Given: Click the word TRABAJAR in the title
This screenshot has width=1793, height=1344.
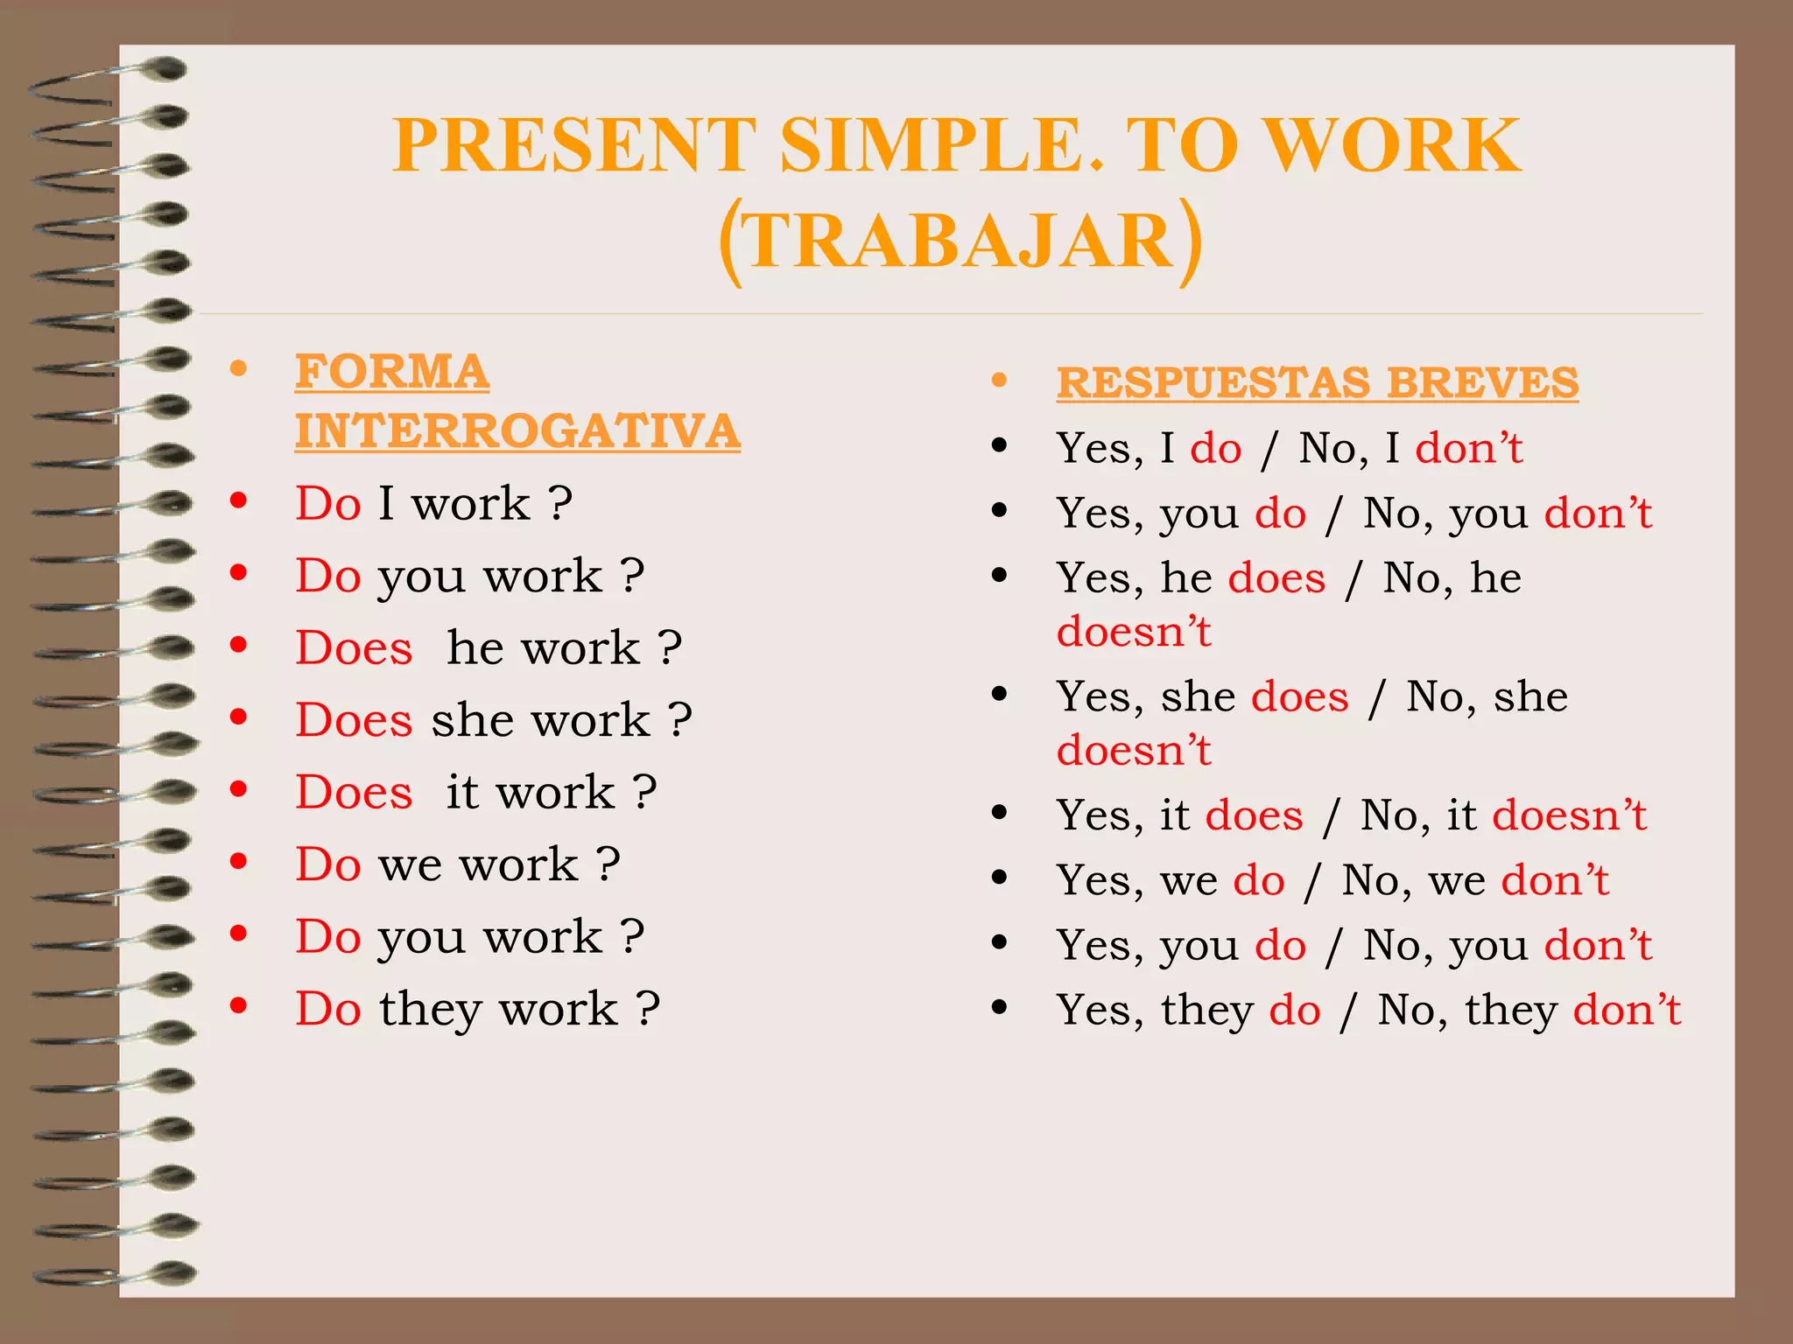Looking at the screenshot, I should click(x=960, y=241).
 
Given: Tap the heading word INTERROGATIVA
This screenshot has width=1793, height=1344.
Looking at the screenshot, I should click(x=517, y=431).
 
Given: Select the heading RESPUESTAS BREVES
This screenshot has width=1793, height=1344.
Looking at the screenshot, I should click(x=1317, y=383).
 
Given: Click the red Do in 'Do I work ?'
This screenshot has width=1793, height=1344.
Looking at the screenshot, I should click(x=328, y=504).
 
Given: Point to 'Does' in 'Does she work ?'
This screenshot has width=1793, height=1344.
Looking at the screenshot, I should click(x=354, y=721).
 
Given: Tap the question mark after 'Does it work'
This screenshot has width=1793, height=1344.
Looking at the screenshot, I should click(x=645, y=793).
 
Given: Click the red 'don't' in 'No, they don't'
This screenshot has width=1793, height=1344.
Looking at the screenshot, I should click(x=1627, y=1011).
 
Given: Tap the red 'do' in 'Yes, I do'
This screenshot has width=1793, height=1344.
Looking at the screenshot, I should click(x=1215, y=449).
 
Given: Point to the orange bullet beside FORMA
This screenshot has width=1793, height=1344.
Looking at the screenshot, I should click(x=238, y=368).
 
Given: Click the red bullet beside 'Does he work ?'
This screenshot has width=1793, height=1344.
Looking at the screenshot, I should click(x=238, y=645).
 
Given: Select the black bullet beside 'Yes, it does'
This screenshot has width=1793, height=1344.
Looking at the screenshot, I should click(x=999, y=813).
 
